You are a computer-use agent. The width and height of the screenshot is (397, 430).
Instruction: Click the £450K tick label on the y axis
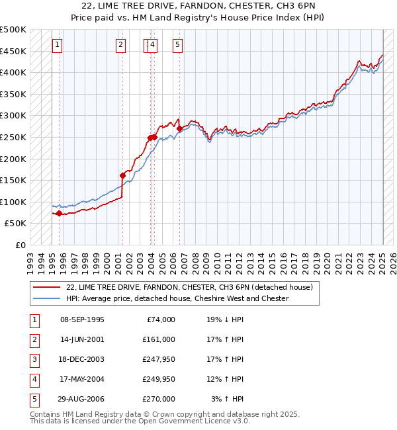[x=13, y=51]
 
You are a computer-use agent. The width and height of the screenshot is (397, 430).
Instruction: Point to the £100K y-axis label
[x=13, y=202]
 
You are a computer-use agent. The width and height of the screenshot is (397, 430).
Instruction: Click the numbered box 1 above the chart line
[x=58, y=45]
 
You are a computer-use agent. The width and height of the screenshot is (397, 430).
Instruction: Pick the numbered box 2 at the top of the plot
[x=120, y=45]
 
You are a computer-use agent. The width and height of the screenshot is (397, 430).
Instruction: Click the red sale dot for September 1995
[x=59, y=213]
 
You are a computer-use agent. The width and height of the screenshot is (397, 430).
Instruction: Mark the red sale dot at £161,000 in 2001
[x=122, y=175]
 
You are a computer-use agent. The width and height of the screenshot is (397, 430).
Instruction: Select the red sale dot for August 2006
[x=180, y=128]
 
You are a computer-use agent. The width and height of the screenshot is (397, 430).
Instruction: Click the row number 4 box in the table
[x=34, y=379]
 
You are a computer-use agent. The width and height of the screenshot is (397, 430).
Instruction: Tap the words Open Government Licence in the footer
[x=195, y=421]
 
